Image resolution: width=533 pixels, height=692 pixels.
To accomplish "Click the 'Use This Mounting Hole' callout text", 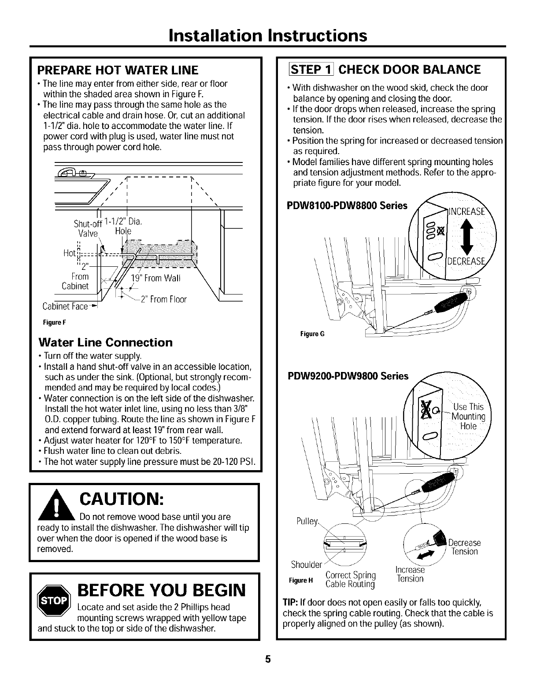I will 468,416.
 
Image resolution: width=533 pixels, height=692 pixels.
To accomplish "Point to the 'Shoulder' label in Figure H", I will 307,564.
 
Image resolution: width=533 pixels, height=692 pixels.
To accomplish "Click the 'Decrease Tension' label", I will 464,547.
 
